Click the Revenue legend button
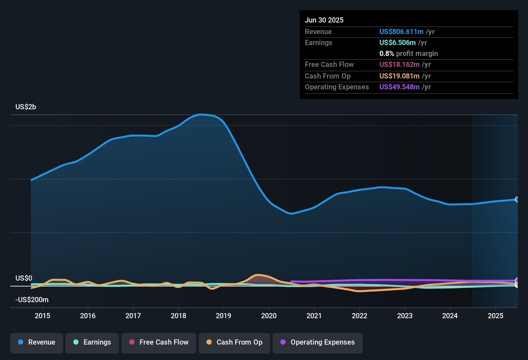[37, 342]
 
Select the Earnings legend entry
[92, 342]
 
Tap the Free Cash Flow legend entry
[159, 342]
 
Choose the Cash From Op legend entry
[234, 342]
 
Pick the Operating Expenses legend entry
[318, 342]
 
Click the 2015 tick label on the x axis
[42, 316]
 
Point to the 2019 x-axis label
[223, 316]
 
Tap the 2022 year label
[360, 316]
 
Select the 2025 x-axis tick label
[496, 316]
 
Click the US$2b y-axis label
[26, 107]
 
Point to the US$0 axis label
[24, 278]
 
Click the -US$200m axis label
[32, 300]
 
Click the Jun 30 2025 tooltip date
[324, 20]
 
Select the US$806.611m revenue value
[401, 32]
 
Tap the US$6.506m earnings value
[397, 42]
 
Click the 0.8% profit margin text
[408, 53]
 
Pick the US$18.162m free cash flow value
[399, 64]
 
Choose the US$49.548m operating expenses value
[399, 87]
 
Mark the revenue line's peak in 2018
[201, 114]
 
